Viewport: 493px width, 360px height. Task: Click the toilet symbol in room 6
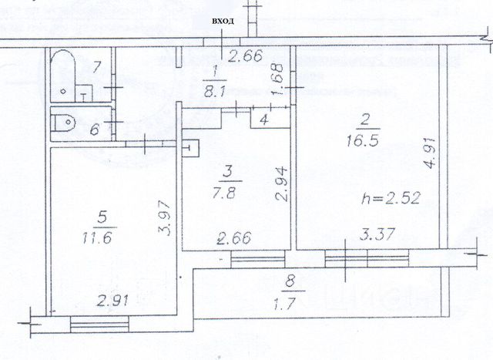pos(65,122)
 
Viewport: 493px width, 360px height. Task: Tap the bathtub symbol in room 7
pos(66,74)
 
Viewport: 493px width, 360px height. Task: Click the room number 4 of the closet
pos(264,120)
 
